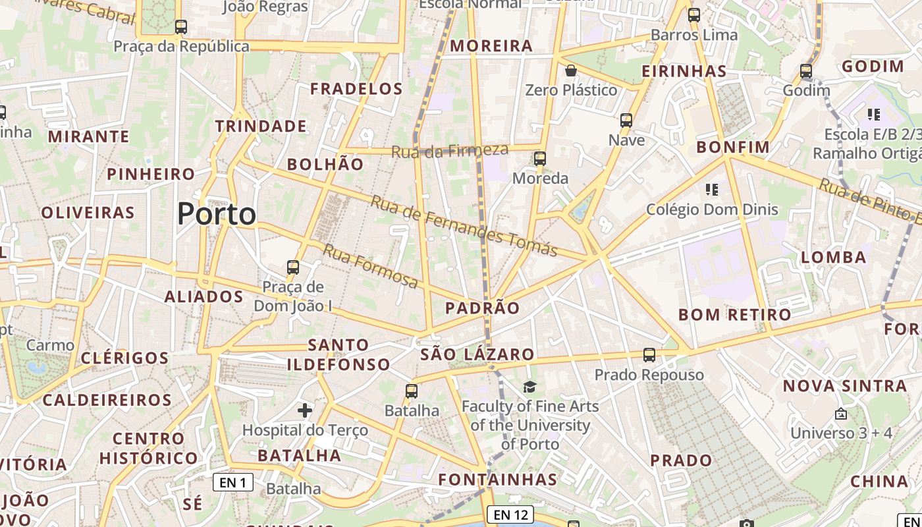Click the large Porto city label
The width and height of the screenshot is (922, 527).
(x=217, y=214)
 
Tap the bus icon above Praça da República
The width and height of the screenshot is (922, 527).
(x=181, y=28)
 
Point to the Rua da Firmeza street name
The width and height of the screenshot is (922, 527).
(x=450, y=151)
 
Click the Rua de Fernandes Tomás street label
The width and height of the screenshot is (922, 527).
(x=464, y=226)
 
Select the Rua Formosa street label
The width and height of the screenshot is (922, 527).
(x=371, y=265)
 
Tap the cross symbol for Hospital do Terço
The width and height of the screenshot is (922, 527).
(x=305, y=411)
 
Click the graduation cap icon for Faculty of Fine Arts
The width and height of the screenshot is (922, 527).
(x=530, y=387)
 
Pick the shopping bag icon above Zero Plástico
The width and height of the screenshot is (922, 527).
(x=571, y=70)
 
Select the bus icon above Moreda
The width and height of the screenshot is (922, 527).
(x=540, y=159)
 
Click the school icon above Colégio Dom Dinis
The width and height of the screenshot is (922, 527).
(x=711, y=190)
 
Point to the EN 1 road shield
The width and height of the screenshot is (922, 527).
(x=233, y=482)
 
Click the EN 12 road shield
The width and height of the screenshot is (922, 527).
(x=510, y=514)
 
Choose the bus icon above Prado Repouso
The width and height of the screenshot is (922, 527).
(x=649, y=355)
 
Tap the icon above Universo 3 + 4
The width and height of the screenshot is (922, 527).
(x=841, y=414)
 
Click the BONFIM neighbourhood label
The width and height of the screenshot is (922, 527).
(x=733, y=147)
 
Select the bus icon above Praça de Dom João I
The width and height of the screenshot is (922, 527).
(x=293, y=268)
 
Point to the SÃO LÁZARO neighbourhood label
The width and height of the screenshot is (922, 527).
(x=477, y=354)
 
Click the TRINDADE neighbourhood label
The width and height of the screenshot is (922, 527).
(x=261, y=126)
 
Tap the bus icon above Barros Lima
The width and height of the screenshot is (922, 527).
(x=694, y=15)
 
